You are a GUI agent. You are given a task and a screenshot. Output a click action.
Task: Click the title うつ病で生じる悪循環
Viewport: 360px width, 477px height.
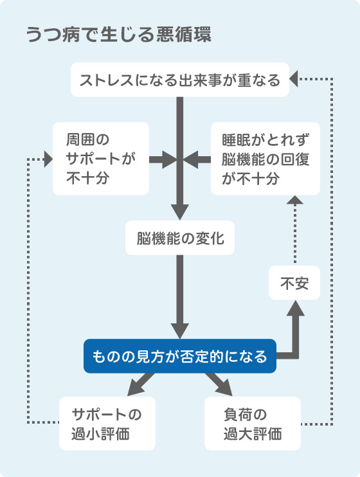(119, 35)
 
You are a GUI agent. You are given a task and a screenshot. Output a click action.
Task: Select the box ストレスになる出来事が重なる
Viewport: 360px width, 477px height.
(179, 80)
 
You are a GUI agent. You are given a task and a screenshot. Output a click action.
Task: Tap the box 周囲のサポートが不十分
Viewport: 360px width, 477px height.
(101, 159)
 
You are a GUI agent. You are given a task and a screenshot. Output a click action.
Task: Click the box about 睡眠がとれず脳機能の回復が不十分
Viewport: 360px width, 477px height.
(265, 159)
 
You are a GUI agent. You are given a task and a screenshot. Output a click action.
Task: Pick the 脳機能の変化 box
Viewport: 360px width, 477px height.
(180, 239)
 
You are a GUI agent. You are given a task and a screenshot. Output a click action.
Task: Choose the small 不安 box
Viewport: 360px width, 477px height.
(294, 283)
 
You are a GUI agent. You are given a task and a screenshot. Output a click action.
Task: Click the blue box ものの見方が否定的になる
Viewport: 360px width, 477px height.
(179, 355)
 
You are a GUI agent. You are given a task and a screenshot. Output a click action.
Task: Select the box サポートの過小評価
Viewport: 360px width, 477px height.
(107, 423)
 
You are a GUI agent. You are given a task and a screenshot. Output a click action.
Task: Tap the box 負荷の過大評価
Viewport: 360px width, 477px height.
(253, 423)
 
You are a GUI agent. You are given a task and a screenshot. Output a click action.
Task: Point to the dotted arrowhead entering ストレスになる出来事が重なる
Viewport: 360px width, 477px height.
(294, 80)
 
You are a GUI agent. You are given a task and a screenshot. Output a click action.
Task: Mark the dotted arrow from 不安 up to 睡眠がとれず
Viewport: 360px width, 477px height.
(294, 231)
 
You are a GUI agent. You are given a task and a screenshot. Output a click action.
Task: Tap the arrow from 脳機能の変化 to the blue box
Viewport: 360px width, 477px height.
(180, 296)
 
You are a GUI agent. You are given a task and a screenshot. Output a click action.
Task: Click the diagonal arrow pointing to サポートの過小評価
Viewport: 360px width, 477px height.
(140, 385)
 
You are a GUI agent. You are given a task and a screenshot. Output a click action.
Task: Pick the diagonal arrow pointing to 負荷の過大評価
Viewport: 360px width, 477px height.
(220, 385)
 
